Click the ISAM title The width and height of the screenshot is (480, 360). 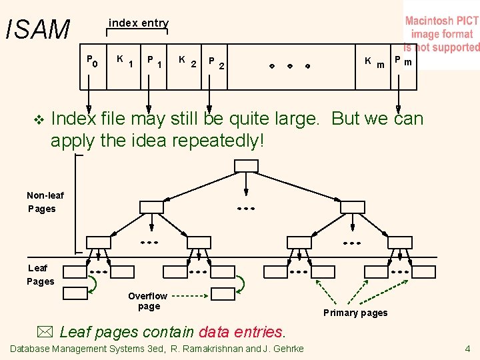pyautogui.click(x=37, y=29)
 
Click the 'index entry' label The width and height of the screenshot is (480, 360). pyautogui.click(x=139, y=23)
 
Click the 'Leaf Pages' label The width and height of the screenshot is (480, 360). pyautogui.click(x=40, y=275)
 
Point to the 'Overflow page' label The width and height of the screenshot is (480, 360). pyautogui.click(x=148, y=301)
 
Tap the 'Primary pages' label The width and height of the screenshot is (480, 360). pyautogui.click(x=355, y=313)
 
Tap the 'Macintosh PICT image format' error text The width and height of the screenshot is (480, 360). pyautogui.click(x=442, y=34)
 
